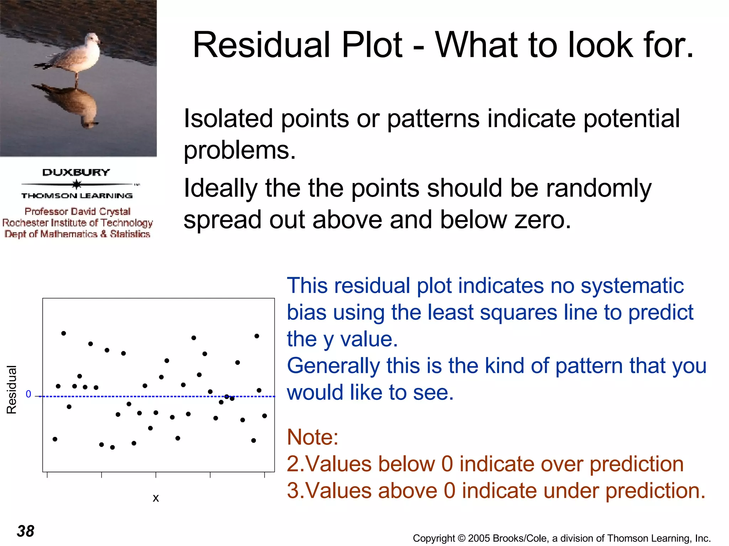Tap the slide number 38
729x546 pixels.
pos(26,531)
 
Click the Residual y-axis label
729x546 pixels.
pos(12,389)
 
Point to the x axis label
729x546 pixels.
pos(156,498)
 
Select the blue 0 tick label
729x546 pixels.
pos(28,394)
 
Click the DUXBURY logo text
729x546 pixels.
pos(76,172)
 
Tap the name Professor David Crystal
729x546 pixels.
pos(78,212)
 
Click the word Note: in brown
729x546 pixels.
pos(312,437)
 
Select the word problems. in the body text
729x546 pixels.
pos(240,150)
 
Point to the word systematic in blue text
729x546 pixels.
pos(632,286)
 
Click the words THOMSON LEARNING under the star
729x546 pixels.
pos(77,196)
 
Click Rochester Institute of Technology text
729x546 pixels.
pos(78,223)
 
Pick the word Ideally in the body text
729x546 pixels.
pos(220,188)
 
